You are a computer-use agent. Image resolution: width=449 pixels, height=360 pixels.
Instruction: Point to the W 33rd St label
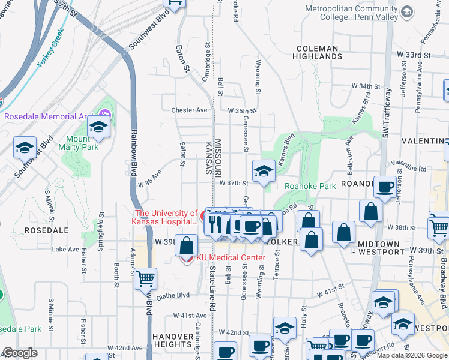[415, 55]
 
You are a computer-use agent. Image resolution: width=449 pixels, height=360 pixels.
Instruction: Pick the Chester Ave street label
[189, 110]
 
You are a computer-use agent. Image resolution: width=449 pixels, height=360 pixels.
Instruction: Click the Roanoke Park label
[310, 186]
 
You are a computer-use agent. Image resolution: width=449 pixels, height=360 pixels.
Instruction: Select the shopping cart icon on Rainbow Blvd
[146, 278]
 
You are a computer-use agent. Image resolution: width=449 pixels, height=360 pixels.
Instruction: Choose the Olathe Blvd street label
[173, 295]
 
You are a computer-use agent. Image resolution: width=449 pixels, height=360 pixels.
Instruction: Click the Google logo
[20, 353]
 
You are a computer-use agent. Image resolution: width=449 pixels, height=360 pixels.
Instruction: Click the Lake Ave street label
[65, 249]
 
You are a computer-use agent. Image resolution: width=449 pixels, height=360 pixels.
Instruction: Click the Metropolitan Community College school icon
[407, 12]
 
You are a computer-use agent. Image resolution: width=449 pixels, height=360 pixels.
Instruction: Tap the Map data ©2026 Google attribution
[412, 355]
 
